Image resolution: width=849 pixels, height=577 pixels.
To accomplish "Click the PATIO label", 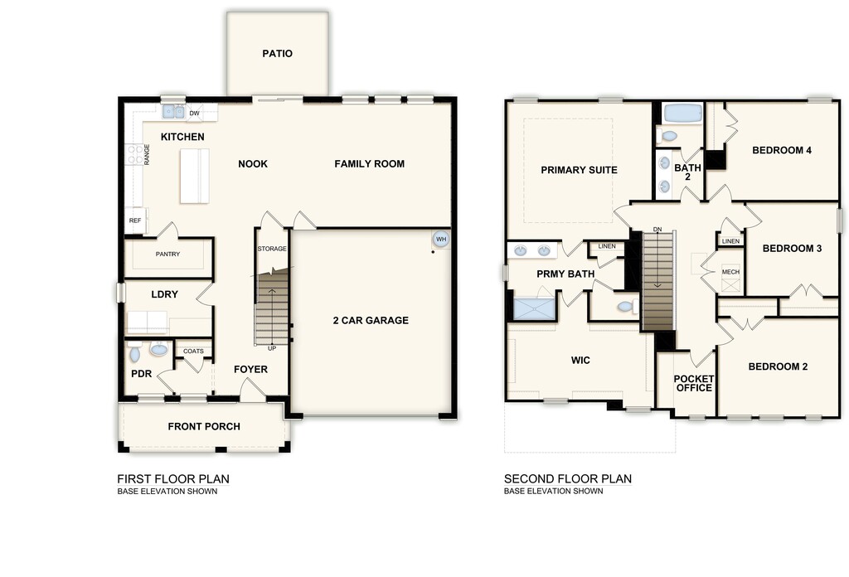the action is coord(277,54).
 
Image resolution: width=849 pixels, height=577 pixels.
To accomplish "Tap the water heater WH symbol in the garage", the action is coord(441,240).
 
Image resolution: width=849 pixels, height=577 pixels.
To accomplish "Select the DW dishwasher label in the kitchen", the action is coord(194,113).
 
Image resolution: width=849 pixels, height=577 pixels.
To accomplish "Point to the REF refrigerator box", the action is coord(135,221).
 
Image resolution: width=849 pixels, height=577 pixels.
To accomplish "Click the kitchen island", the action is coord(194,176).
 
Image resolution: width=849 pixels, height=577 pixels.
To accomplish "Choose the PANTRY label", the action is coord(167,254).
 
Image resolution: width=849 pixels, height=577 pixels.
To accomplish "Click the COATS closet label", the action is coord(193,352).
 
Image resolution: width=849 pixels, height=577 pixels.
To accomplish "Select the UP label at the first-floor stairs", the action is coord(272,348).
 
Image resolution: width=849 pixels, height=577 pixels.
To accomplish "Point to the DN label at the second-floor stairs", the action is coord(657,230).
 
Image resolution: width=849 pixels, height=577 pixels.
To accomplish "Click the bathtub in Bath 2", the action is coord(683,114).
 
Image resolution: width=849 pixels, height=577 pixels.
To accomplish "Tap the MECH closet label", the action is coord(730,272).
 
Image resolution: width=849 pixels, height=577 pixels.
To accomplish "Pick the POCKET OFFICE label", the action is coord(694,383).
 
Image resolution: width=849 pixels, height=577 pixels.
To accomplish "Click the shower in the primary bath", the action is coord(535,308).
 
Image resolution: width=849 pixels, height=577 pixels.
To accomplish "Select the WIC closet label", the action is coord(580,361).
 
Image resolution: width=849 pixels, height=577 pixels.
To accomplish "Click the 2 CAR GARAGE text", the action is coord(371,321).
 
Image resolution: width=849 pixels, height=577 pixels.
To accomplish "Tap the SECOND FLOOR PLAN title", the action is coord(567,478).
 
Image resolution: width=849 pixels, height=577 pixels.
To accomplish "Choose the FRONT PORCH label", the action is coord(204,426).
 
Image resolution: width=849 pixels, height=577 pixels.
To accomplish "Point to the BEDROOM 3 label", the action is coord(792,249).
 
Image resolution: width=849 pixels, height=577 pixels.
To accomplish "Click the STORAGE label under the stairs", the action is coord(272,249).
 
